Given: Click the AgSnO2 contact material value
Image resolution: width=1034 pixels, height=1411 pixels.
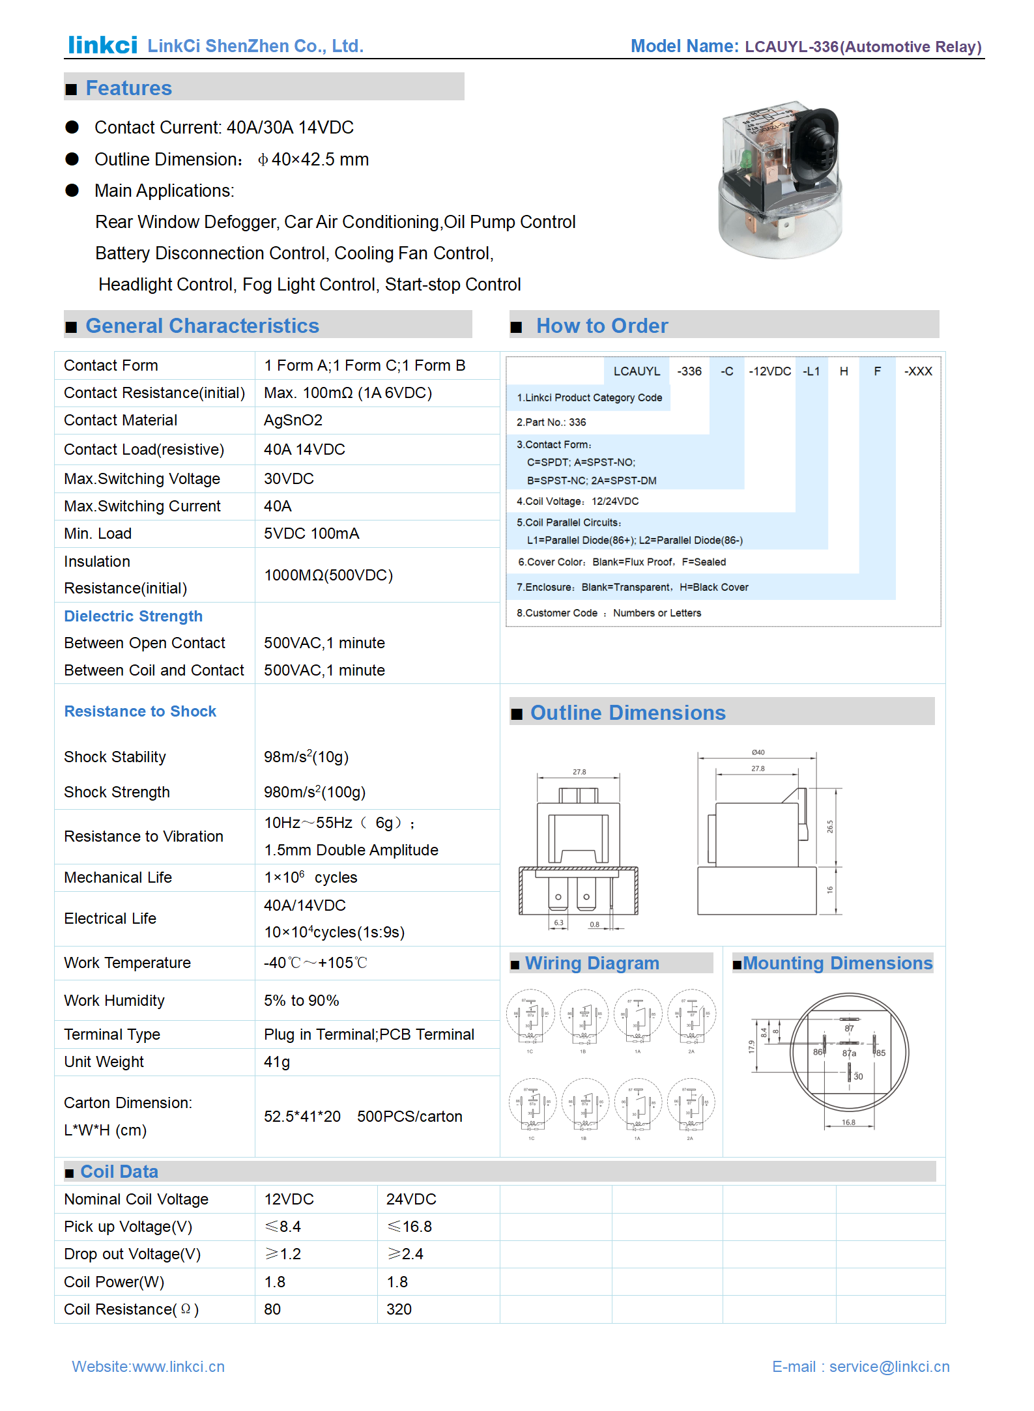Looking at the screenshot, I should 293,420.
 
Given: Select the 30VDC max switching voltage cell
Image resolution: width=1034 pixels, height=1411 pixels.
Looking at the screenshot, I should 289,479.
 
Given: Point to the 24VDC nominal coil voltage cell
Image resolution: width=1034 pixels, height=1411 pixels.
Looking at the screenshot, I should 411,1199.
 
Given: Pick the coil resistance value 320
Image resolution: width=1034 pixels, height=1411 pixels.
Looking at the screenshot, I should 399,1309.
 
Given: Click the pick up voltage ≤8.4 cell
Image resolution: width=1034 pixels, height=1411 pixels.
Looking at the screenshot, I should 283,1227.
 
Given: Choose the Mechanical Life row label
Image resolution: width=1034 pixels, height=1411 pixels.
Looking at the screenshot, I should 118,877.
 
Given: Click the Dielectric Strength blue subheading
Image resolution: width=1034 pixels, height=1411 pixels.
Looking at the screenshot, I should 133,616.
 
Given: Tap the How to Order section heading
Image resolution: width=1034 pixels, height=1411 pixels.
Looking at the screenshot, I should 601,326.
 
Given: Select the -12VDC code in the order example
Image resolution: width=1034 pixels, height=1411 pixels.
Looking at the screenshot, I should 769,371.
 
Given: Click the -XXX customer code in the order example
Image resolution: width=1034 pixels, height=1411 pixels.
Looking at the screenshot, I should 917,371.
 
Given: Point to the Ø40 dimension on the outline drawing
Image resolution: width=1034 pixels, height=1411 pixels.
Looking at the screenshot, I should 758,752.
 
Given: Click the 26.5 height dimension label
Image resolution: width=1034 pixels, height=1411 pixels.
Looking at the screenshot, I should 830,827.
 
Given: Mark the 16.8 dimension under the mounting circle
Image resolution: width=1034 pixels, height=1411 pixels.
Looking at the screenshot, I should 848,1122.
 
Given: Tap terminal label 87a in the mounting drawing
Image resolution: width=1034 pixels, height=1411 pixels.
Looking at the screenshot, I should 849,1053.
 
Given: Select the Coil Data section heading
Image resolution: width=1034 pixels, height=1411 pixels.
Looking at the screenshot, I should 119,1172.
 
